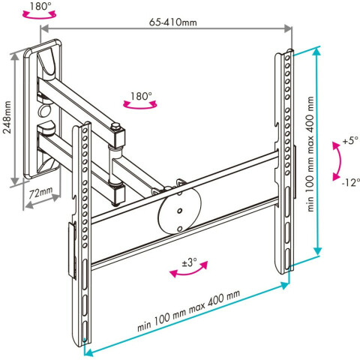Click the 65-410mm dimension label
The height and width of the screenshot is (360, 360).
173,22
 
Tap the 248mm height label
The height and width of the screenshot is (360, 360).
7,117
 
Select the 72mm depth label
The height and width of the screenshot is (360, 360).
40,192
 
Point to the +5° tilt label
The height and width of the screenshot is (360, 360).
350,140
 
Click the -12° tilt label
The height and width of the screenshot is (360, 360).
350,183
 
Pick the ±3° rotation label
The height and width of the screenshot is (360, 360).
190,262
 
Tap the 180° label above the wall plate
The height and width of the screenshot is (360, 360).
40,6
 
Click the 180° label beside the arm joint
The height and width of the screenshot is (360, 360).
141,96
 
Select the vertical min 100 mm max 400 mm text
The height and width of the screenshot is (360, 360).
310,154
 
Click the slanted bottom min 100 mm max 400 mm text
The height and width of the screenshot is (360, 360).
189,310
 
